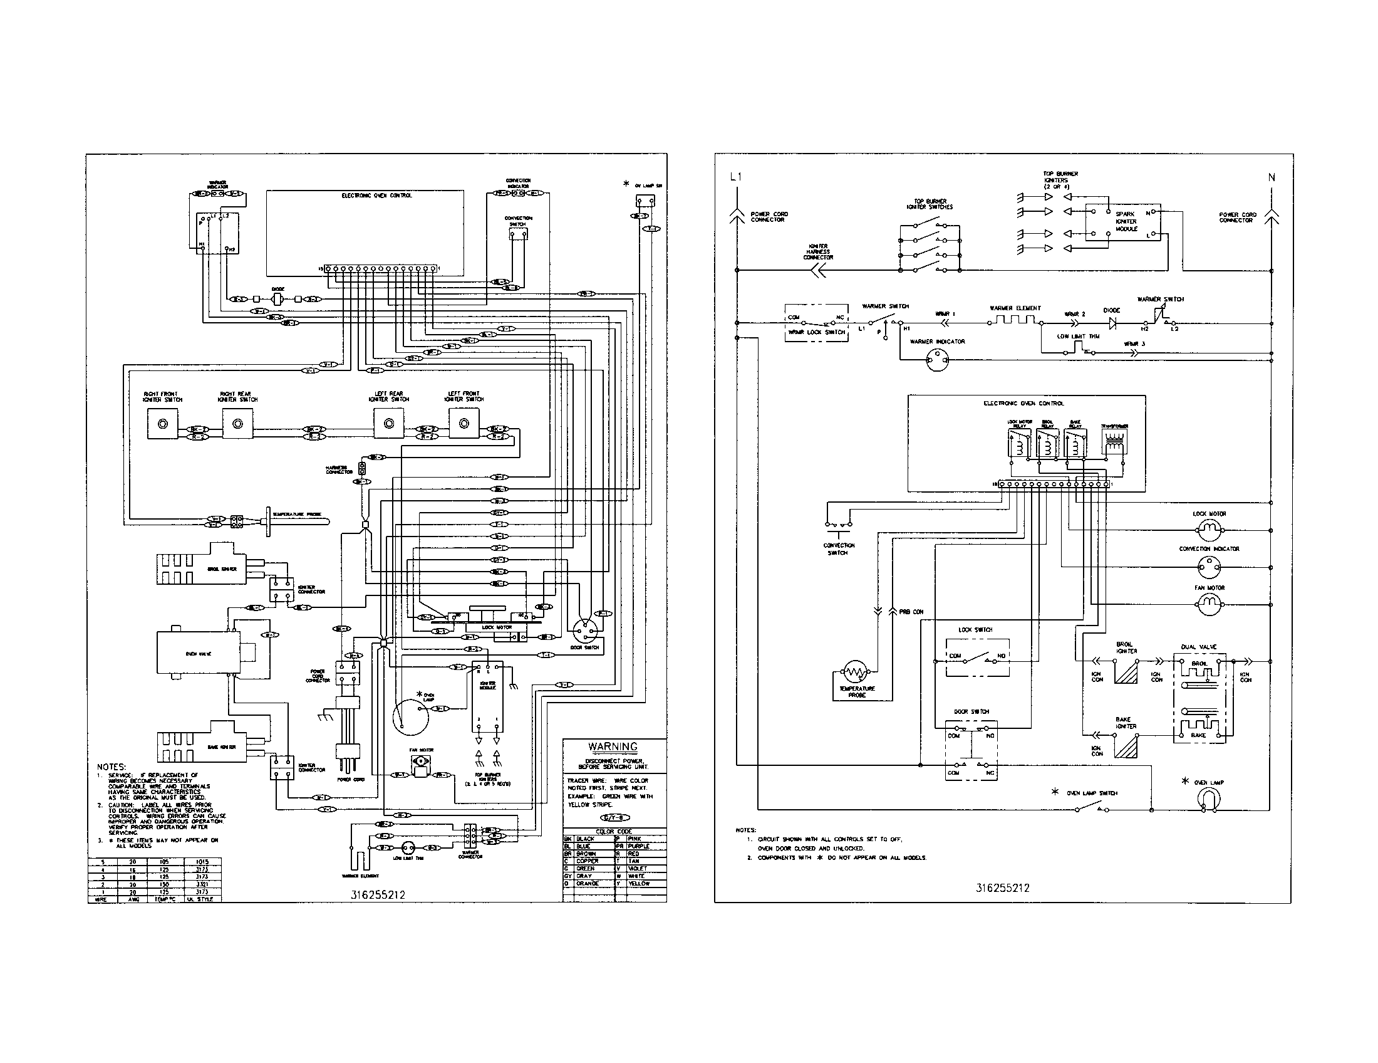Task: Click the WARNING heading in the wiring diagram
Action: click(613, 746)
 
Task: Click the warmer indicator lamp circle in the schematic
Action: click(937, 361)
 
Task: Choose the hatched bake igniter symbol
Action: click(1126, 747)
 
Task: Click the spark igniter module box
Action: click(1123, 222)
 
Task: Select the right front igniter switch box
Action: click(162, 424)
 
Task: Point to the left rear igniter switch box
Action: click(389, 424)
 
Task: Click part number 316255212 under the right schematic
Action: click(1003, 888)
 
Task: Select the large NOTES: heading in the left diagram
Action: click(111, 767)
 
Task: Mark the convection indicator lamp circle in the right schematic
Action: click(1204, 567)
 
